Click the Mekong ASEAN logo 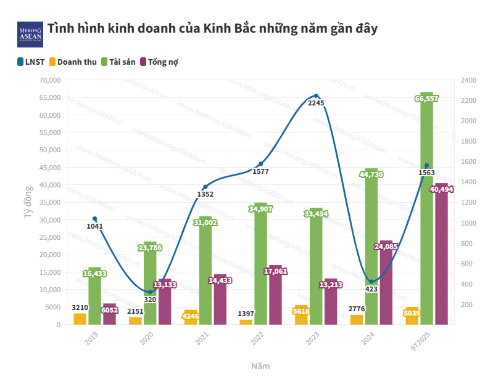tap(30, 35)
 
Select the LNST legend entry tap(31, 62)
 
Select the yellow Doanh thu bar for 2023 tap(301, 315)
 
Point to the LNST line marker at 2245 tap(316, 96)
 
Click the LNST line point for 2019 tap(94, 219)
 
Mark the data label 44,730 tap(371, 174)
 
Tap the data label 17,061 tap(275, 271)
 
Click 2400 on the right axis tap(468, 80)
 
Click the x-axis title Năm tap(260, 365)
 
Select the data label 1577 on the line tap(261, 171)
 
